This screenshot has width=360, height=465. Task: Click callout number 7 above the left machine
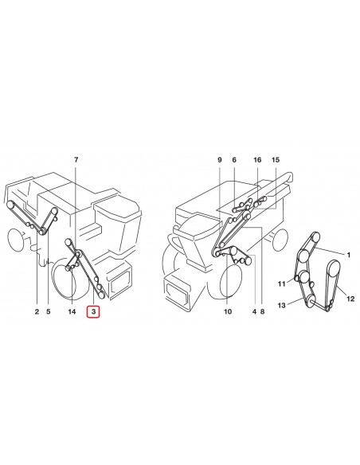pos(76,161)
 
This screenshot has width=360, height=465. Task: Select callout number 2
pos(37,312)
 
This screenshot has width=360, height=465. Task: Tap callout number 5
pos(48,312)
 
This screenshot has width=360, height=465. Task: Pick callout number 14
pos(72,312)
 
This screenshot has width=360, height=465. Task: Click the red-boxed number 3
pos(94,312)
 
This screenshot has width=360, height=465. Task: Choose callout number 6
pos(234,161)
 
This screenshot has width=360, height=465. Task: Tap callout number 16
pos(257,161)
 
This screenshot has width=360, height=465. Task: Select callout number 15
pos(276,161)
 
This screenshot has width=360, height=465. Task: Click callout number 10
pos(227,312)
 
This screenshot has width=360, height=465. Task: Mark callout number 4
pos(253,312)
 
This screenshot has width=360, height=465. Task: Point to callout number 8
pos(262,312)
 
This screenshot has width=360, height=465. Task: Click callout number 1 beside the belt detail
pos(348,254)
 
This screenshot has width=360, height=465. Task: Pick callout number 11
pos(280,283)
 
